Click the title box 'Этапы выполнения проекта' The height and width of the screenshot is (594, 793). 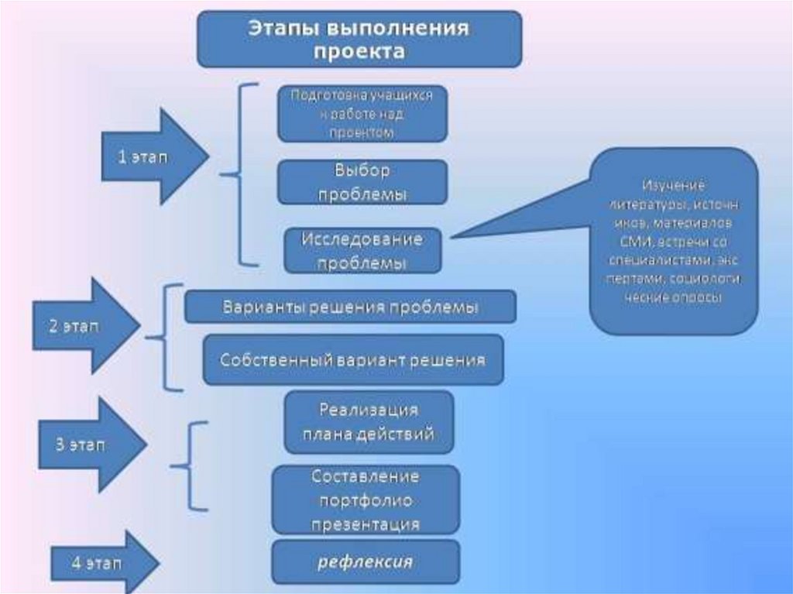pyautogui.click(x=359, y=39)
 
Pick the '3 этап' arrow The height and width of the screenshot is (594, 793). pyautogui.click(x=90, y=445)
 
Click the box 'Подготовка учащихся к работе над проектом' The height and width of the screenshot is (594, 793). pyautogui.click(x=362, y=114)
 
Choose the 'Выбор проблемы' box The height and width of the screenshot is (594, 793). pyautogui.click(x=362, y=182)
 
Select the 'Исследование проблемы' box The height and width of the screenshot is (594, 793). pyautogui.click(x=362, y=250)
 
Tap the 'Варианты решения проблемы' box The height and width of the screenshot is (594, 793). pyautogui.click(x=350, y=307)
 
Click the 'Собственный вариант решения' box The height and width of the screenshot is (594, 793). pyautogui.click(x=353, y=360)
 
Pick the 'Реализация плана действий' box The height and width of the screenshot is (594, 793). pyautogui.click(x=369, y=422)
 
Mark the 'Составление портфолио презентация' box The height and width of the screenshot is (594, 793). pyautogui.click(x=366, y=500)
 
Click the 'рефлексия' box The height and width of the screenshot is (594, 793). pyautogui.click(x=366, y=561)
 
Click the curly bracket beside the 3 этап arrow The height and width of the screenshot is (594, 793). pyautogui.click(x=190, y=466)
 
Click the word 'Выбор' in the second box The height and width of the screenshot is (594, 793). pyautogui.click(x=362, y=170)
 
